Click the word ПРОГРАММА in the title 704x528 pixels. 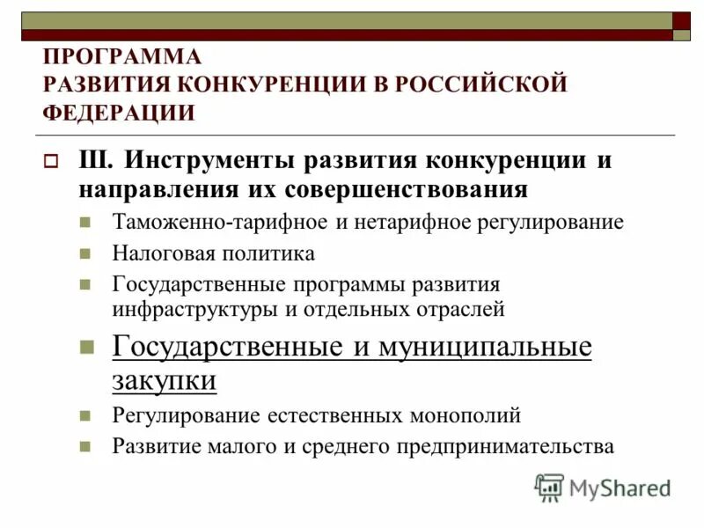[122, 57]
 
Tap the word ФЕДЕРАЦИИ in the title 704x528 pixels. [119, 114]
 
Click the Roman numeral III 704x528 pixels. [94, 162]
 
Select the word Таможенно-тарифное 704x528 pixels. [220, 222]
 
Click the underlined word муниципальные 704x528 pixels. [485, 347]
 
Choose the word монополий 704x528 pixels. [466, 414]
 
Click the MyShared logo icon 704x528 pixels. [549, 488]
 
